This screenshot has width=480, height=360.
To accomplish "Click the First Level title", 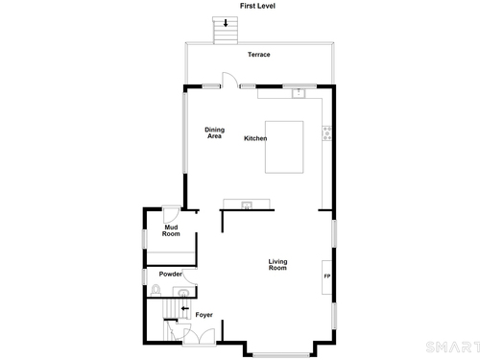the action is point(257,6).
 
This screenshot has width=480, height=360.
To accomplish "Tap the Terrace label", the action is point(259,55).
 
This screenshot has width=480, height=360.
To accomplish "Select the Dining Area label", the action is point(214,132).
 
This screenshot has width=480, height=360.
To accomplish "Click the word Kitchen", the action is point(255,138).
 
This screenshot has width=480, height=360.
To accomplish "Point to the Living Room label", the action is point(277,265).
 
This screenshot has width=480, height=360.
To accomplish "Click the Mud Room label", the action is point(171,230).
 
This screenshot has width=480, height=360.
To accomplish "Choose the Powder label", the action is point(171,274).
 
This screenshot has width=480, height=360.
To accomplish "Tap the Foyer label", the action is point(204,315).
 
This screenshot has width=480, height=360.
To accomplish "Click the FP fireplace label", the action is point(327,276).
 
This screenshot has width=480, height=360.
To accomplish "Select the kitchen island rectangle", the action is point(284,147).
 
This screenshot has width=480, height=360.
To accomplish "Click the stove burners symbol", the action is point(327,133).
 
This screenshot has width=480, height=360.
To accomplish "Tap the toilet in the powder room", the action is point(156,290).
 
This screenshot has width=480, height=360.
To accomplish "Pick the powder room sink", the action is point(183,293).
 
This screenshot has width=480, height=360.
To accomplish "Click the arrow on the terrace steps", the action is point(226,23).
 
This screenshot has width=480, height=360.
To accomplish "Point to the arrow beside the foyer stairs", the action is point(185,308).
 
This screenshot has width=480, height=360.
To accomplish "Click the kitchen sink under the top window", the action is point(299,93).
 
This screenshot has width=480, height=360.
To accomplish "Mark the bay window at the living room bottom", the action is point(281,354).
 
